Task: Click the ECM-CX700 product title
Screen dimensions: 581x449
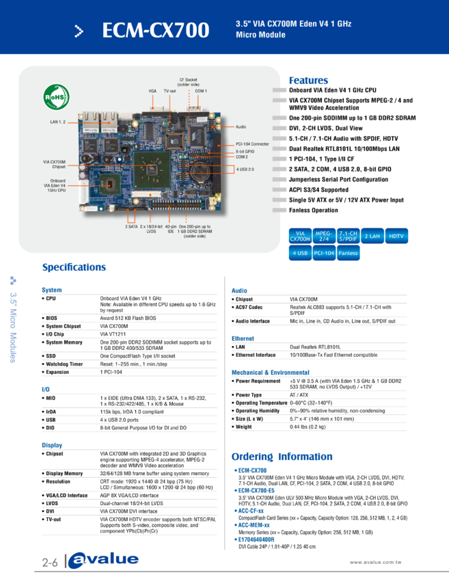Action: [x=155, y=31]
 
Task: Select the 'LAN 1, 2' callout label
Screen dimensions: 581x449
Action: [x=58, y=122]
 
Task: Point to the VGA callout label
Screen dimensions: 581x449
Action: [x=152, y=90]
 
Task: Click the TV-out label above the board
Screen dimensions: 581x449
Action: [x=169, y=90]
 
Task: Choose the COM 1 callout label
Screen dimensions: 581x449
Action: [x=201, y=90]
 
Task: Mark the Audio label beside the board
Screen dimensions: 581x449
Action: [x=241, y=127]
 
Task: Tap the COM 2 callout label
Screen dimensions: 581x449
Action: [x=242, y=157]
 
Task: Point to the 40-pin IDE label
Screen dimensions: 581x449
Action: [x=171, y=228]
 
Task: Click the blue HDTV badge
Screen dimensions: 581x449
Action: [x=396, y=236]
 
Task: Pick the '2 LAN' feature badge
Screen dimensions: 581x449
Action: [x=371, y=236]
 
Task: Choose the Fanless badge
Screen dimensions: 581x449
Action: [x=347, y=253]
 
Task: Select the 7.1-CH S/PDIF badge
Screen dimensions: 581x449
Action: [x=347, y=236]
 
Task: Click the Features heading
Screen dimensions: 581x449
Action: [x=309, y=80]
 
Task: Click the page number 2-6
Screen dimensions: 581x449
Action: [x=49, y=562]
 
